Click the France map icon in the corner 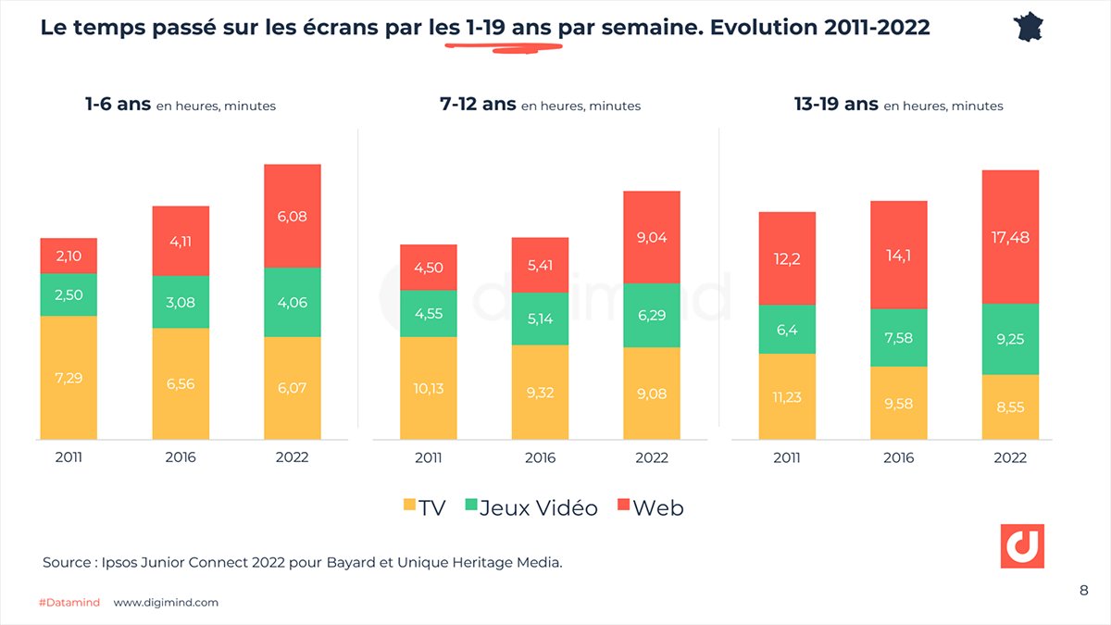[1030, 27]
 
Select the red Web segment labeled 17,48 [1010, 237]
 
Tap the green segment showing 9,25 [1010, 339]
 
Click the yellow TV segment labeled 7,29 [69, 378]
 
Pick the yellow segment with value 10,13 [429, 388]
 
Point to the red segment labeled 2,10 [69, 256]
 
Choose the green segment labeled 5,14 [540, 318]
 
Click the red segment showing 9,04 [652, 237]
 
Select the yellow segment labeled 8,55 [1010, 406]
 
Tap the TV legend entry [423, 507]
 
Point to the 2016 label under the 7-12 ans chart [540, 457]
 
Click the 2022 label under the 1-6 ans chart [293, 457]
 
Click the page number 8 [1083, 591]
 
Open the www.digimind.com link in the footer [166, 603]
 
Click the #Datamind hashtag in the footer [70, 603]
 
